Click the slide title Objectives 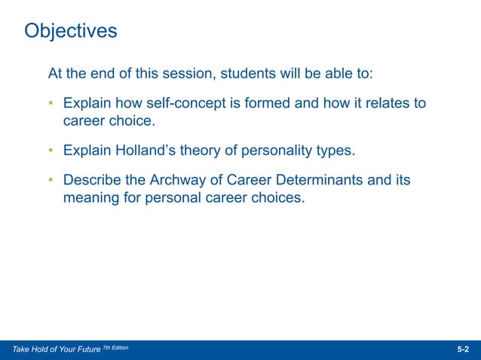tap(71, 31)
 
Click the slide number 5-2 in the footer tap(463, 350)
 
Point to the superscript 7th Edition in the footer tap(115, 348)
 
